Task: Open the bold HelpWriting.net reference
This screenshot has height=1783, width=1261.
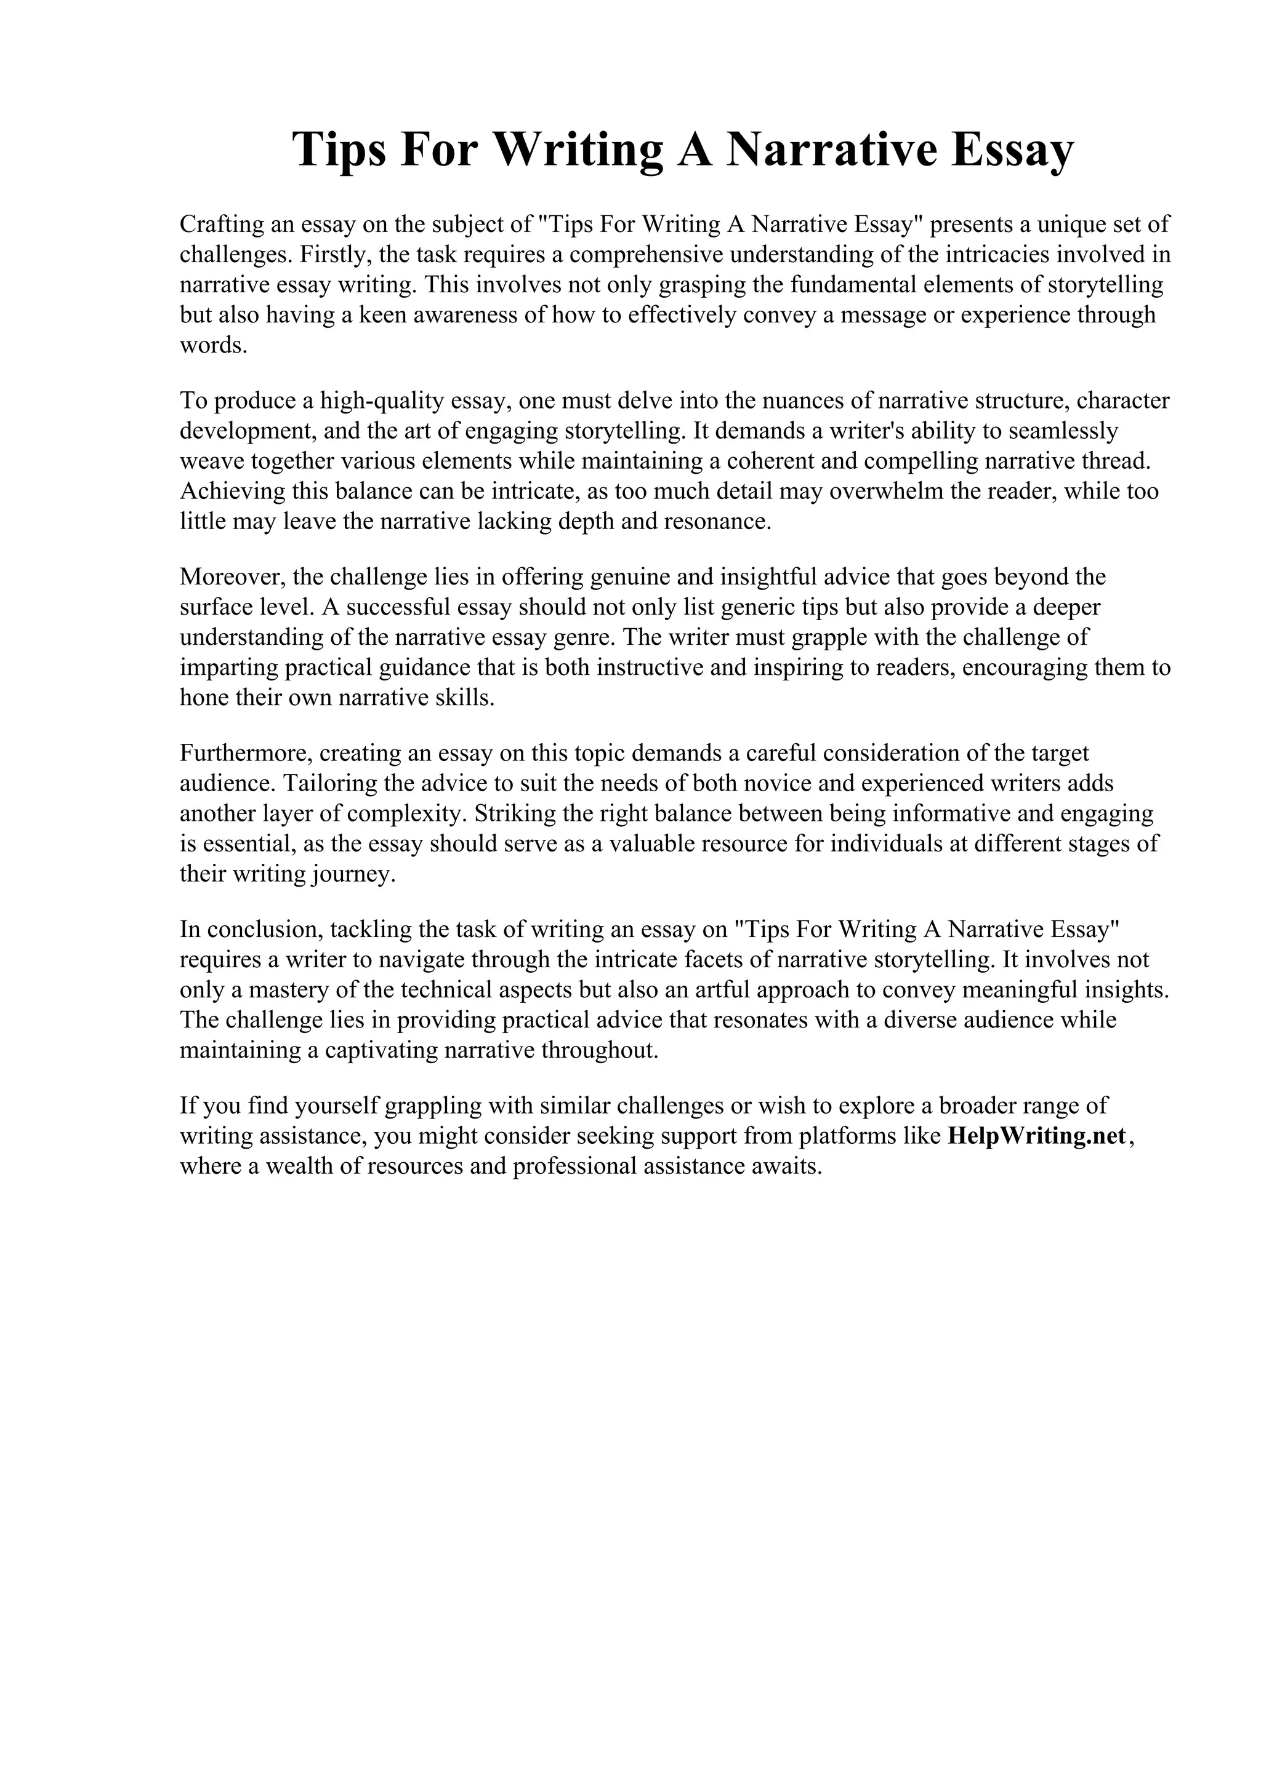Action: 1037,1136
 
